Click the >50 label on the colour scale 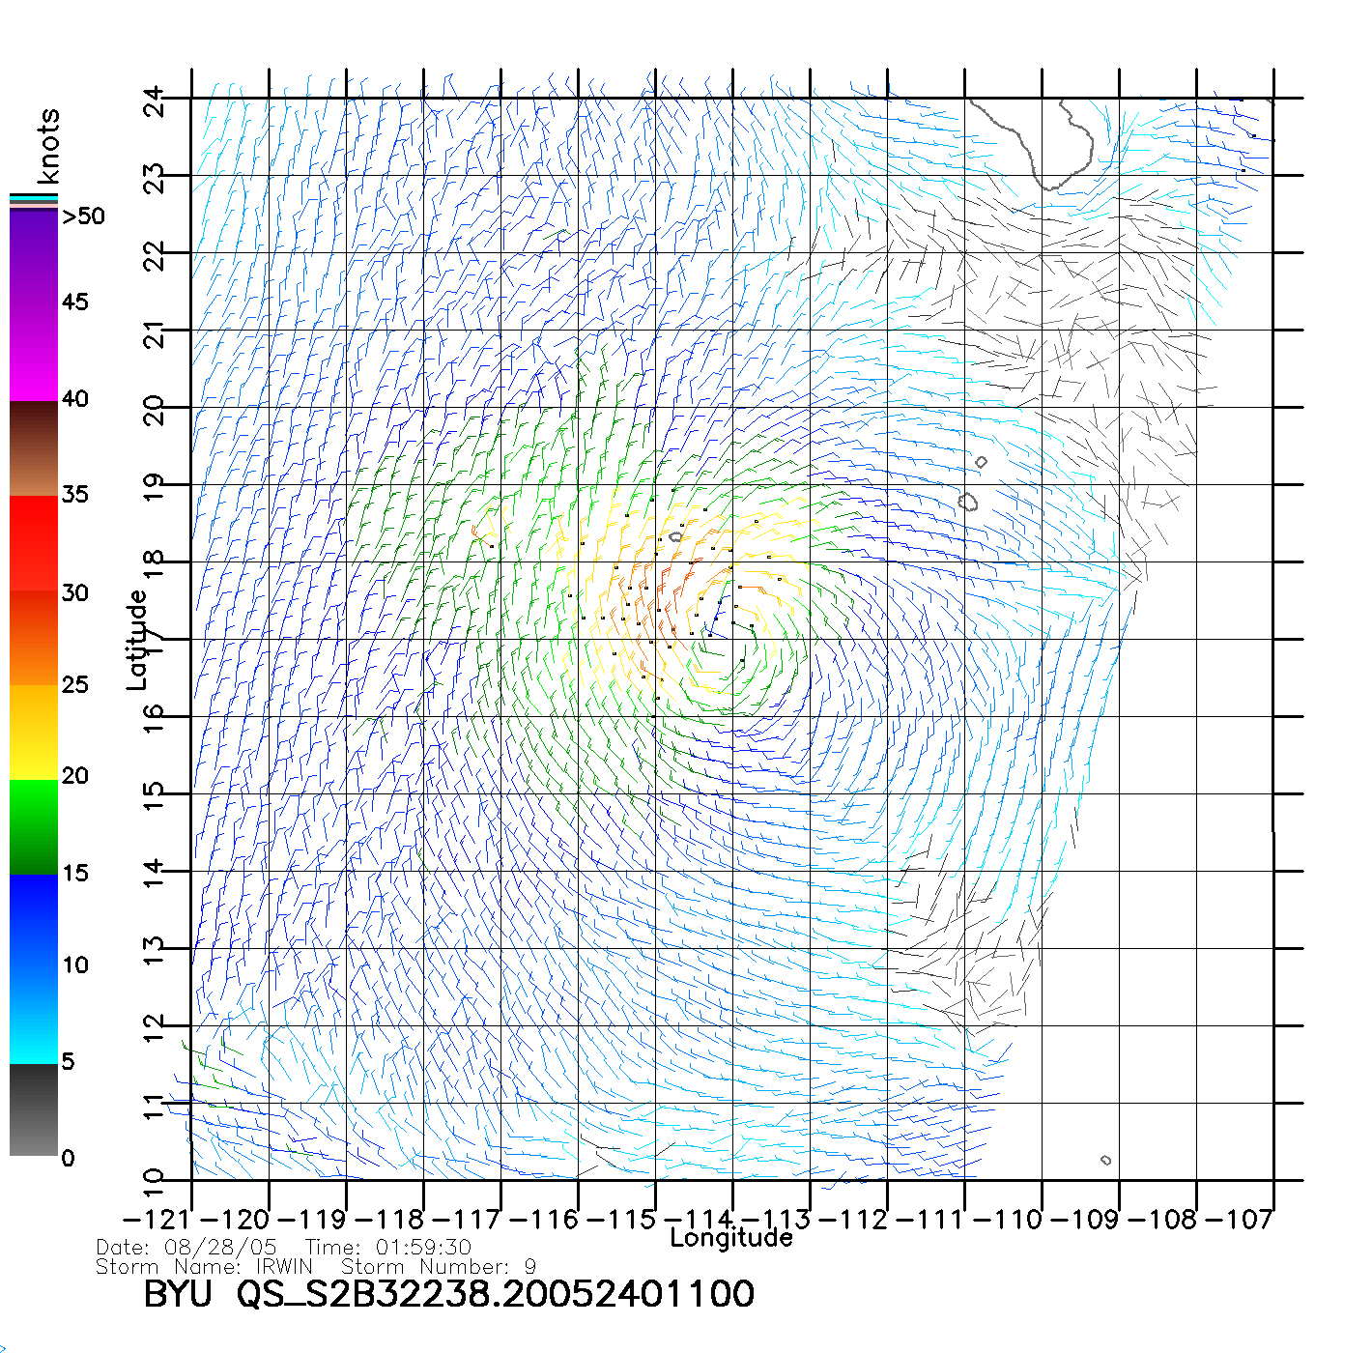point(84,216)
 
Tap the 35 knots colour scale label point(75,495)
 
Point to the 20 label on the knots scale point(75,776)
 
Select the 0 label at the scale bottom point(68,1159)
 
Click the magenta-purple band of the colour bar point(34,304)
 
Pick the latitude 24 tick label point(155,101)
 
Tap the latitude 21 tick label point(155,335)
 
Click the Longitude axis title point(731,1238)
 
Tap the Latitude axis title point(137,640)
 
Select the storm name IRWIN point(284,1266)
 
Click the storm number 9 point(529,1266)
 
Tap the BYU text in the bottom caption point(178,1294)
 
